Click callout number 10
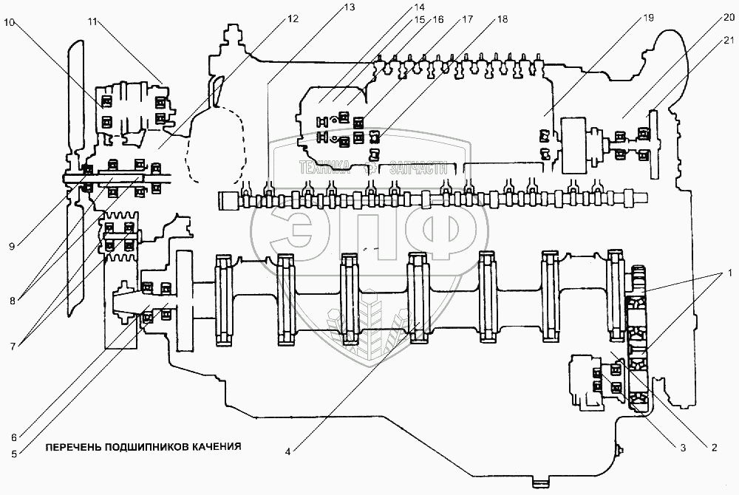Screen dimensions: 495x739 coord(9,23)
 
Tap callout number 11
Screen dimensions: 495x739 coord(93,23)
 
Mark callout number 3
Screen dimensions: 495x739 coord(683,448)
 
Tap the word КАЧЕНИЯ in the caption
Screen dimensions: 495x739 coord(216,446)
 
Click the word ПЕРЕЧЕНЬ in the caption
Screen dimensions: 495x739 coord(72,446)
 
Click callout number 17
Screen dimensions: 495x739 coord(466,21)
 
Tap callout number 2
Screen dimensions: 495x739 coord(715,448)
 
